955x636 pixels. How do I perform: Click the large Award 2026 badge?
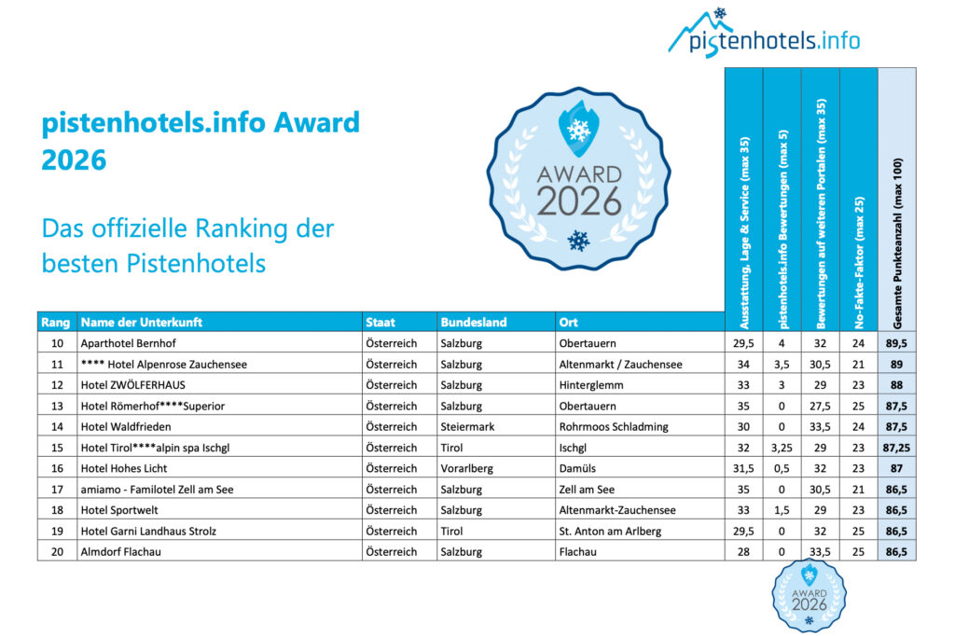tap(578, 177)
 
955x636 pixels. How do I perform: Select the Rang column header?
tap(56, 323)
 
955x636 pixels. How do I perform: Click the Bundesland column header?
tap(474, 323)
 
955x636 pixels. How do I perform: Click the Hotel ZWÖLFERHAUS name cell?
tap(134, 385)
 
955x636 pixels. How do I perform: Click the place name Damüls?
tap(580, 468)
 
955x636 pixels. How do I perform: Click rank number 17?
tap(56, 489)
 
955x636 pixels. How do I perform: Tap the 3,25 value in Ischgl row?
tap(782, 448)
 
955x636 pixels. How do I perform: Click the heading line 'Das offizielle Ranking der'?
tap(187, 228)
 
